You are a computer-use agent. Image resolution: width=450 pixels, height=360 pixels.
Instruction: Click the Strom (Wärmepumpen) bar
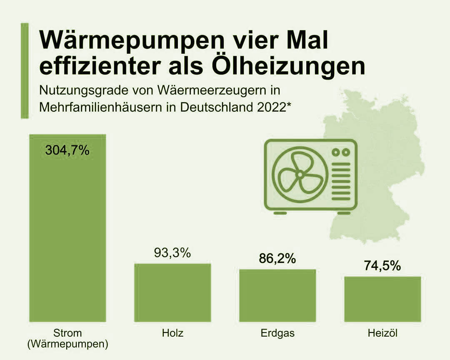[67, 233]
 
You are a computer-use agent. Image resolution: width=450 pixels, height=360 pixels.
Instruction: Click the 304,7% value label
[67, 150]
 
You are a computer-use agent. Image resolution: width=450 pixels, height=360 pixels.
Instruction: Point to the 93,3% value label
[172, 252]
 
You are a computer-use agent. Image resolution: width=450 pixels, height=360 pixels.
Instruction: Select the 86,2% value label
[277, 258]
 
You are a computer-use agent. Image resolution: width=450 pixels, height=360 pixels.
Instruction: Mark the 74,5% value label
[382, 265]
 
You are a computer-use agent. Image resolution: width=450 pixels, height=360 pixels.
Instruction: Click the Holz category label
[172, 333]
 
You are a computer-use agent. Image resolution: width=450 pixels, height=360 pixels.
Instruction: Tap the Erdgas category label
[277, 333]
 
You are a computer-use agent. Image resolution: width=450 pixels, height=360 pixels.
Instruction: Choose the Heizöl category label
[382, 333]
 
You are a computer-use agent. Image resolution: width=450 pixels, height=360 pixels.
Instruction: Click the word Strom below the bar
[67, 333]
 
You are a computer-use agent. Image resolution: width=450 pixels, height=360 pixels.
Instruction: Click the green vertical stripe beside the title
[25, 71]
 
